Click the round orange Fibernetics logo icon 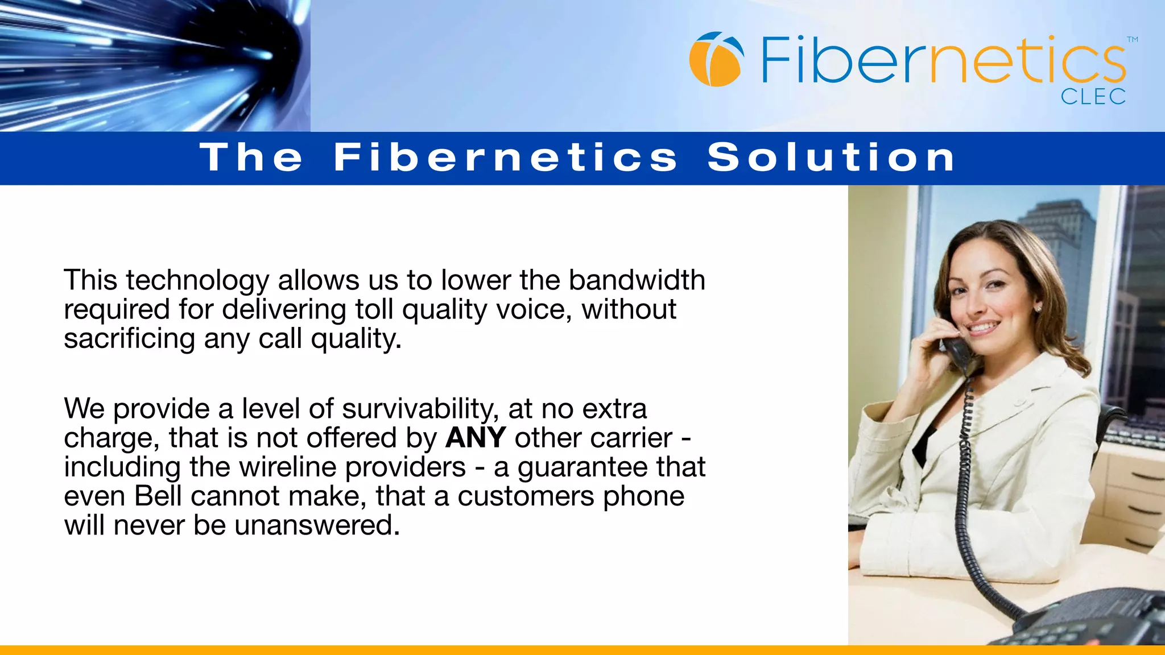click(x=716, y=59)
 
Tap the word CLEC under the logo click(x=1093, y=97)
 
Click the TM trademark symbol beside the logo click(x=1132, y=40)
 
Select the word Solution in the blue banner click(x=831, y=157)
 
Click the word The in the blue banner click(x=251, y=157)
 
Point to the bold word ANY click(x=476, y=438)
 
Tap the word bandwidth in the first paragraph click(x=637, y=280)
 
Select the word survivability click(x=418, y=409)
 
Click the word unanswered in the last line click(x=316, y=525)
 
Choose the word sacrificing click(x=129, y=339)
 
